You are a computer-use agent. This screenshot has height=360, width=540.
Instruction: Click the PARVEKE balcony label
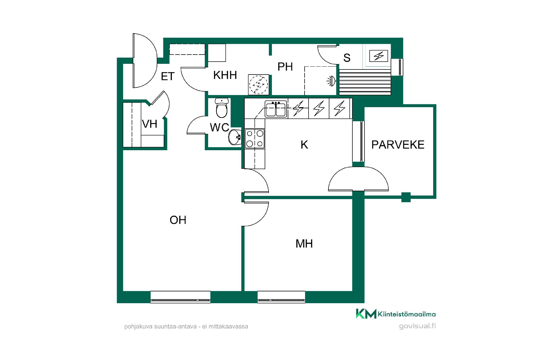(398, 145)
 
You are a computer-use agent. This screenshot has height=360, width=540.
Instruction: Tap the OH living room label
(178, 220)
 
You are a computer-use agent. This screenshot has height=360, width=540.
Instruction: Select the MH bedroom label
(304, 244)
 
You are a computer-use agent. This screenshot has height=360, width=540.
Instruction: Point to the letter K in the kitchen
(304, 145)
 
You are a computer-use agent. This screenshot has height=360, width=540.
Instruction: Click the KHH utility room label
(225, 75)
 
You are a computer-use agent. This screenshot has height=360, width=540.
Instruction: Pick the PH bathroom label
(285, 67)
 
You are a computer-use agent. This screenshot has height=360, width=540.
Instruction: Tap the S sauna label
(347, 58)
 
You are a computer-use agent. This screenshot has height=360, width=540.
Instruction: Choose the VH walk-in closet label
(149, 124)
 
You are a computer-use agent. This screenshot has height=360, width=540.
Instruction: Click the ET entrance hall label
(168, 76)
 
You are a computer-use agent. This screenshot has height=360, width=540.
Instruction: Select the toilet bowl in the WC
(222, 108)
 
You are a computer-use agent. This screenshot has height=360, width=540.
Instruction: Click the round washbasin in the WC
(235, 138)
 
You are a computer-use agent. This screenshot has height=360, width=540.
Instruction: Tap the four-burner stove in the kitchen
(255, 138)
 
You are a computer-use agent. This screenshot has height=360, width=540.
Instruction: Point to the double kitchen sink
(276, 109)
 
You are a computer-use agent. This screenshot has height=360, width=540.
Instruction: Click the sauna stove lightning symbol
(379, 56)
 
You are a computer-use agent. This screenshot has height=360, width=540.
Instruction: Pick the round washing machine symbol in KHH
(258, 85)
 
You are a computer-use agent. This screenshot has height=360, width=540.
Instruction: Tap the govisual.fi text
(417, 326)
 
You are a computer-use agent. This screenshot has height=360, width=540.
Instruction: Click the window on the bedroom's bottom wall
(281, 297)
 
